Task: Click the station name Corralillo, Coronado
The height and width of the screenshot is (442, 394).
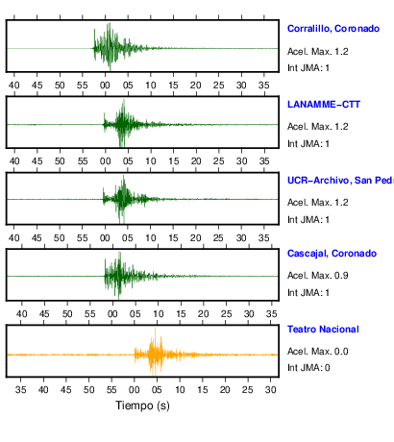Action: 333,29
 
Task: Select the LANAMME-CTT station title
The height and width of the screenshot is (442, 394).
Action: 324,105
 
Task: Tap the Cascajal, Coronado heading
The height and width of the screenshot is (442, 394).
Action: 332,254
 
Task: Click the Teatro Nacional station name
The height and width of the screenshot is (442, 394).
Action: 323,330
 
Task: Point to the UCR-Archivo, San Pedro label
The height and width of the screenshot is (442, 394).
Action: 340,181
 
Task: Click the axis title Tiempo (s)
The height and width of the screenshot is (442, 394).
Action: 142,405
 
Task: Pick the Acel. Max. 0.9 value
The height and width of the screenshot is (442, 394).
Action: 317,276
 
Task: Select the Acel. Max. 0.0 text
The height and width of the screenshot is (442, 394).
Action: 317,352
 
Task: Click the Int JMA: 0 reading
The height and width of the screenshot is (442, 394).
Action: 308,368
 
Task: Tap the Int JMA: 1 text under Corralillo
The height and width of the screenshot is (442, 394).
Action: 308,68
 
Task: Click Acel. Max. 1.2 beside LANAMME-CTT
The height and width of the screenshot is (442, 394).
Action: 317,127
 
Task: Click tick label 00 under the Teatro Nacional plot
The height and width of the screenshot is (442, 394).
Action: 135,390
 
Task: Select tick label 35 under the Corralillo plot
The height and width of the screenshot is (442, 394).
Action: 264,86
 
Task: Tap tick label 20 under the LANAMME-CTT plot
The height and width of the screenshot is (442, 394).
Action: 196,161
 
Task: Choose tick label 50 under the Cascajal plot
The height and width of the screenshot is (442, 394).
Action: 67,314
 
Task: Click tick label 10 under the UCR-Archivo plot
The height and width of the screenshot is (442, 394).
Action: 151,238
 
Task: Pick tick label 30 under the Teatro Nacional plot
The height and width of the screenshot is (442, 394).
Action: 271,390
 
